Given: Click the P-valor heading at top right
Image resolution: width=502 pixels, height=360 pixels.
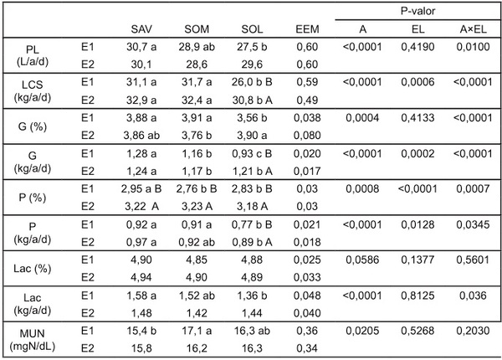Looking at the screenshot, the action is [417, 11].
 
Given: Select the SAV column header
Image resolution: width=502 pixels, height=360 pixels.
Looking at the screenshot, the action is [141, 29].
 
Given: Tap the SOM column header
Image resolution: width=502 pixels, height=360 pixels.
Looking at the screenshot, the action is [197, 29].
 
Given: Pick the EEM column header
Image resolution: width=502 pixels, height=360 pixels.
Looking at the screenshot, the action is [307, 29].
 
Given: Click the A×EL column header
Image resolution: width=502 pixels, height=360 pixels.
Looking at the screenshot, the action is [474, 29].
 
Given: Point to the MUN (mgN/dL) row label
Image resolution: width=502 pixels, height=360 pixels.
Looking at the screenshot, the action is [33, 340].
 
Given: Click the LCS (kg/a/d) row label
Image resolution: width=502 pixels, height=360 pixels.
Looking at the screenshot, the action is [33, 91].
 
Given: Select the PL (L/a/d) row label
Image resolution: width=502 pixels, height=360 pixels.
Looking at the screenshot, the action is [33, 55].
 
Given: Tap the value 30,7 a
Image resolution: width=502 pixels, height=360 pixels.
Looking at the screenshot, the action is [141, 47].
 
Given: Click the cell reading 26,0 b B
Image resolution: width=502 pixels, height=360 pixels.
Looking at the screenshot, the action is [252, 82].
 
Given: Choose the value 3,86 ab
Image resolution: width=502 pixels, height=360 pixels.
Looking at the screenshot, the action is [141, 136].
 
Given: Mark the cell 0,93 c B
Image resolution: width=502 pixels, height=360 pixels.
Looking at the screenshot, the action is [252, 154].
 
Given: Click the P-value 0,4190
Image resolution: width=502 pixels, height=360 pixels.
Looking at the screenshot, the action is [417, 47].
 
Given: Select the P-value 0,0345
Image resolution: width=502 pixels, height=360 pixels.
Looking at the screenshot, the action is [473, 225].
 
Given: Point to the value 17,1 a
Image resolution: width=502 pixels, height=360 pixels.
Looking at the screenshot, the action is [197, 331].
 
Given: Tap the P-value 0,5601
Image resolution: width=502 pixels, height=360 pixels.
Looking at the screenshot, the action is [473, 260].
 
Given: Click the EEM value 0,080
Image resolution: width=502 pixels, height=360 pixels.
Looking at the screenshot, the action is [307, 136].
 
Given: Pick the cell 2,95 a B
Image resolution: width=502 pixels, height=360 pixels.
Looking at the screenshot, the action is [141, 189].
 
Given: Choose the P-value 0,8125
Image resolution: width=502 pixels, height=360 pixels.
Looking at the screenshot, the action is [417, 296].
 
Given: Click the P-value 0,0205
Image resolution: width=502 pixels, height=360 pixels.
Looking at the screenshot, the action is [362, 331].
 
